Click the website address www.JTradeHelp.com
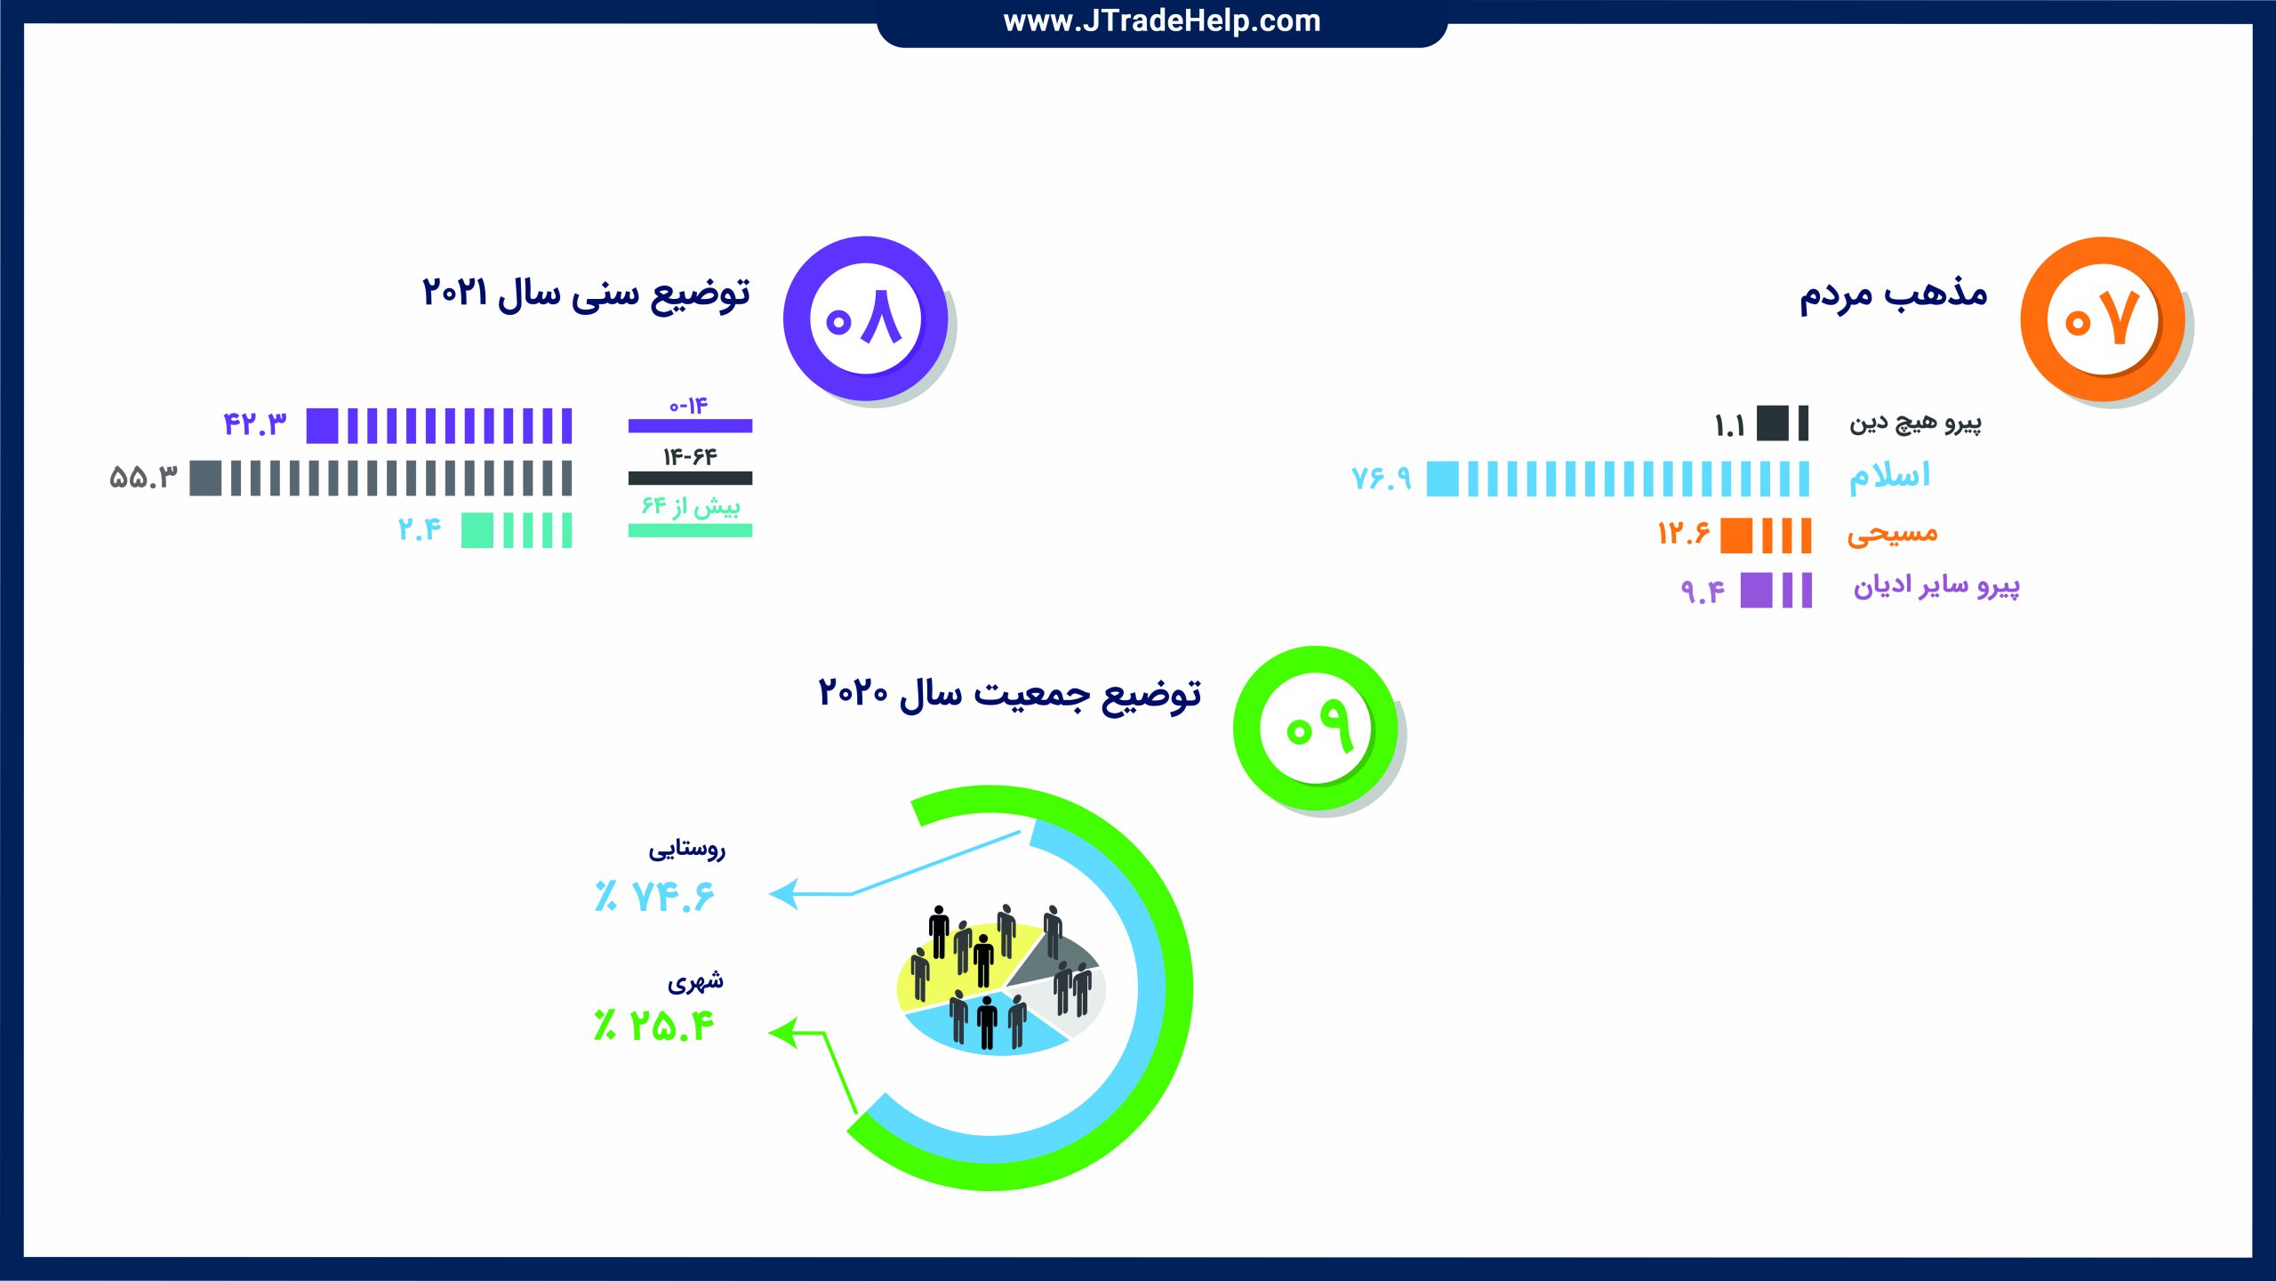point(1162,20)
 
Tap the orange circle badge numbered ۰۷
point(2103,318)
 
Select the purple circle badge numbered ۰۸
point(865,318)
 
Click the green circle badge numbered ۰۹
point(1315,728)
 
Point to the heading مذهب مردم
point(1893,294)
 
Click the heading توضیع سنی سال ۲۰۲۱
point(586,294)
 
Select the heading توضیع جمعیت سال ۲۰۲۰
point(1009,694)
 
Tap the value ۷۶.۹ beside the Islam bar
point(1382,479)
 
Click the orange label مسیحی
point(1892,534)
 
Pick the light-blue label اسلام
point(1889,477)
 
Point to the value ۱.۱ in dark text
point(1730,426)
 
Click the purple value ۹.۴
point(1703,591)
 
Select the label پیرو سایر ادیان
point(1936,586)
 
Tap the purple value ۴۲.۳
point(255,423)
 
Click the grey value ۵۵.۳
point(144,478)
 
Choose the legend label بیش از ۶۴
point(691,506)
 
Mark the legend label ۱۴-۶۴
point(690,457)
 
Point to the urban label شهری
point(696,981)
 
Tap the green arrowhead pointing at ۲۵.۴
point(782,1033)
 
